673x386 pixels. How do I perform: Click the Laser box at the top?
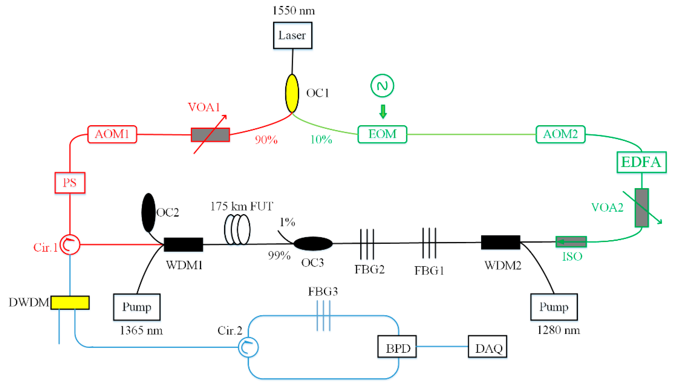(292, 35)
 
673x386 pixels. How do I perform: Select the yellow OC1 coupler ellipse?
(292, 93)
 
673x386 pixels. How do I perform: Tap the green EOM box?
(382, 134)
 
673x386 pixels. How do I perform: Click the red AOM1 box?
(112, 134)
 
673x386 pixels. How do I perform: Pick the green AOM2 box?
(560, 134)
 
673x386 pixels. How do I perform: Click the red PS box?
(70, 183)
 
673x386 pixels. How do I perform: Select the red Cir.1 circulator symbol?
(70, 244)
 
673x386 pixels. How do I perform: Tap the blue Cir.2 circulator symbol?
(248, 347)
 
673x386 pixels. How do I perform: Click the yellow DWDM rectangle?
(70, 302)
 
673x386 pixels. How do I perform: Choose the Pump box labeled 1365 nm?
(137, 307)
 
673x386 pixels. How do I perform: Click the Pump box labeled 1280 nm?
(554, 307)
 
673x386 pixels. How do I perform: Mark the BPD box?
(397, 347)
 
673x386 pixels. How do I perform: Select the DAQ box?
(487, 347)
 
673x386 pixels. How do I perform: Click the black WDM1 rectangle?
(183, 244)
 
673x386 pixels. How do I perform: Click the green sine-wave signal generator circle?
(382, 85)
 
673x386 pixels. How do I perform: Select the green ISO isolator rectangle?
(571, 242)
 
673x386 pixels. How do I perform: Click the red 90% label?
(266, 140)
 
